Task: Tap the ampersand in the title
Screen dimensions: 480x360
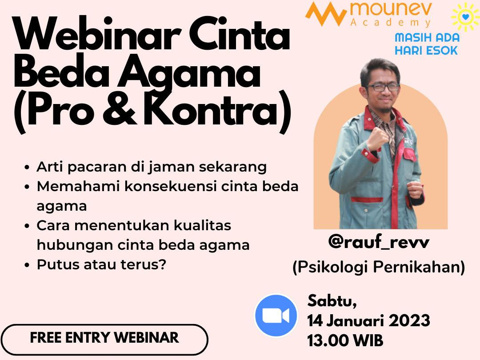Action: (120, 109)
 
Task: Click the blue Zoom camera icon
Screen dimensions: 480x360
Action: (276, 316)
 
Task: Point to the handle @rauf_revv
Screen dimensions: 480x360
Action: (379, 242)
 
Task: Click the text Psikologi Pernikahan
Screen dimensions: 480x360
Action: (379, 267)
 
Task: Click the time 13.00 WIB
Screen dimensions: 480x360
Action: (345, 340)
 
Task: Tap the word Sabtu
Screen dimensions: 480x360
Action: (332, 301)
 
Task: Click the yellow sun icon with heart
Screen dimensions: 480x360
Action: (465, 16)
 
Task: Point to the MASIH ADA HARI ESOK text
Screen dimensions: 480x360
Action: (427, 44)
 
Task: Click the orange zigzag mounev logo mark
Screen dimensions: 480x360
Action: (326, 14)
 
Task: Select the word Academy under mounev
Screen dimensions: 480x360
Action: (391, 22)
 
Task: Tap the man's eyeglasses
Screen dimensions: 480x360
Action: (382, 87)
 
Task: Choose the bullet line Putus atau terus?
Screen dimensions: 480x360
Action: (101, 264)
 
